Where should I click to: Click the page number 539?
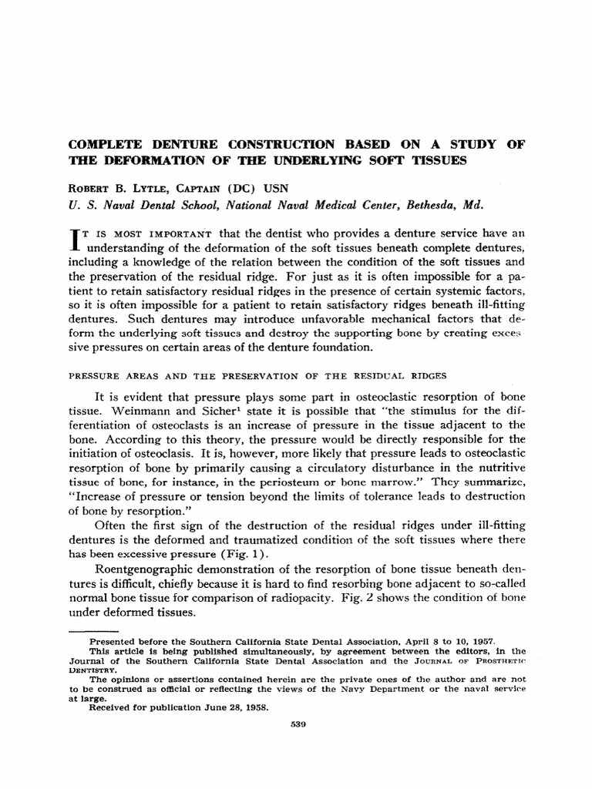click(295, 724)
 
